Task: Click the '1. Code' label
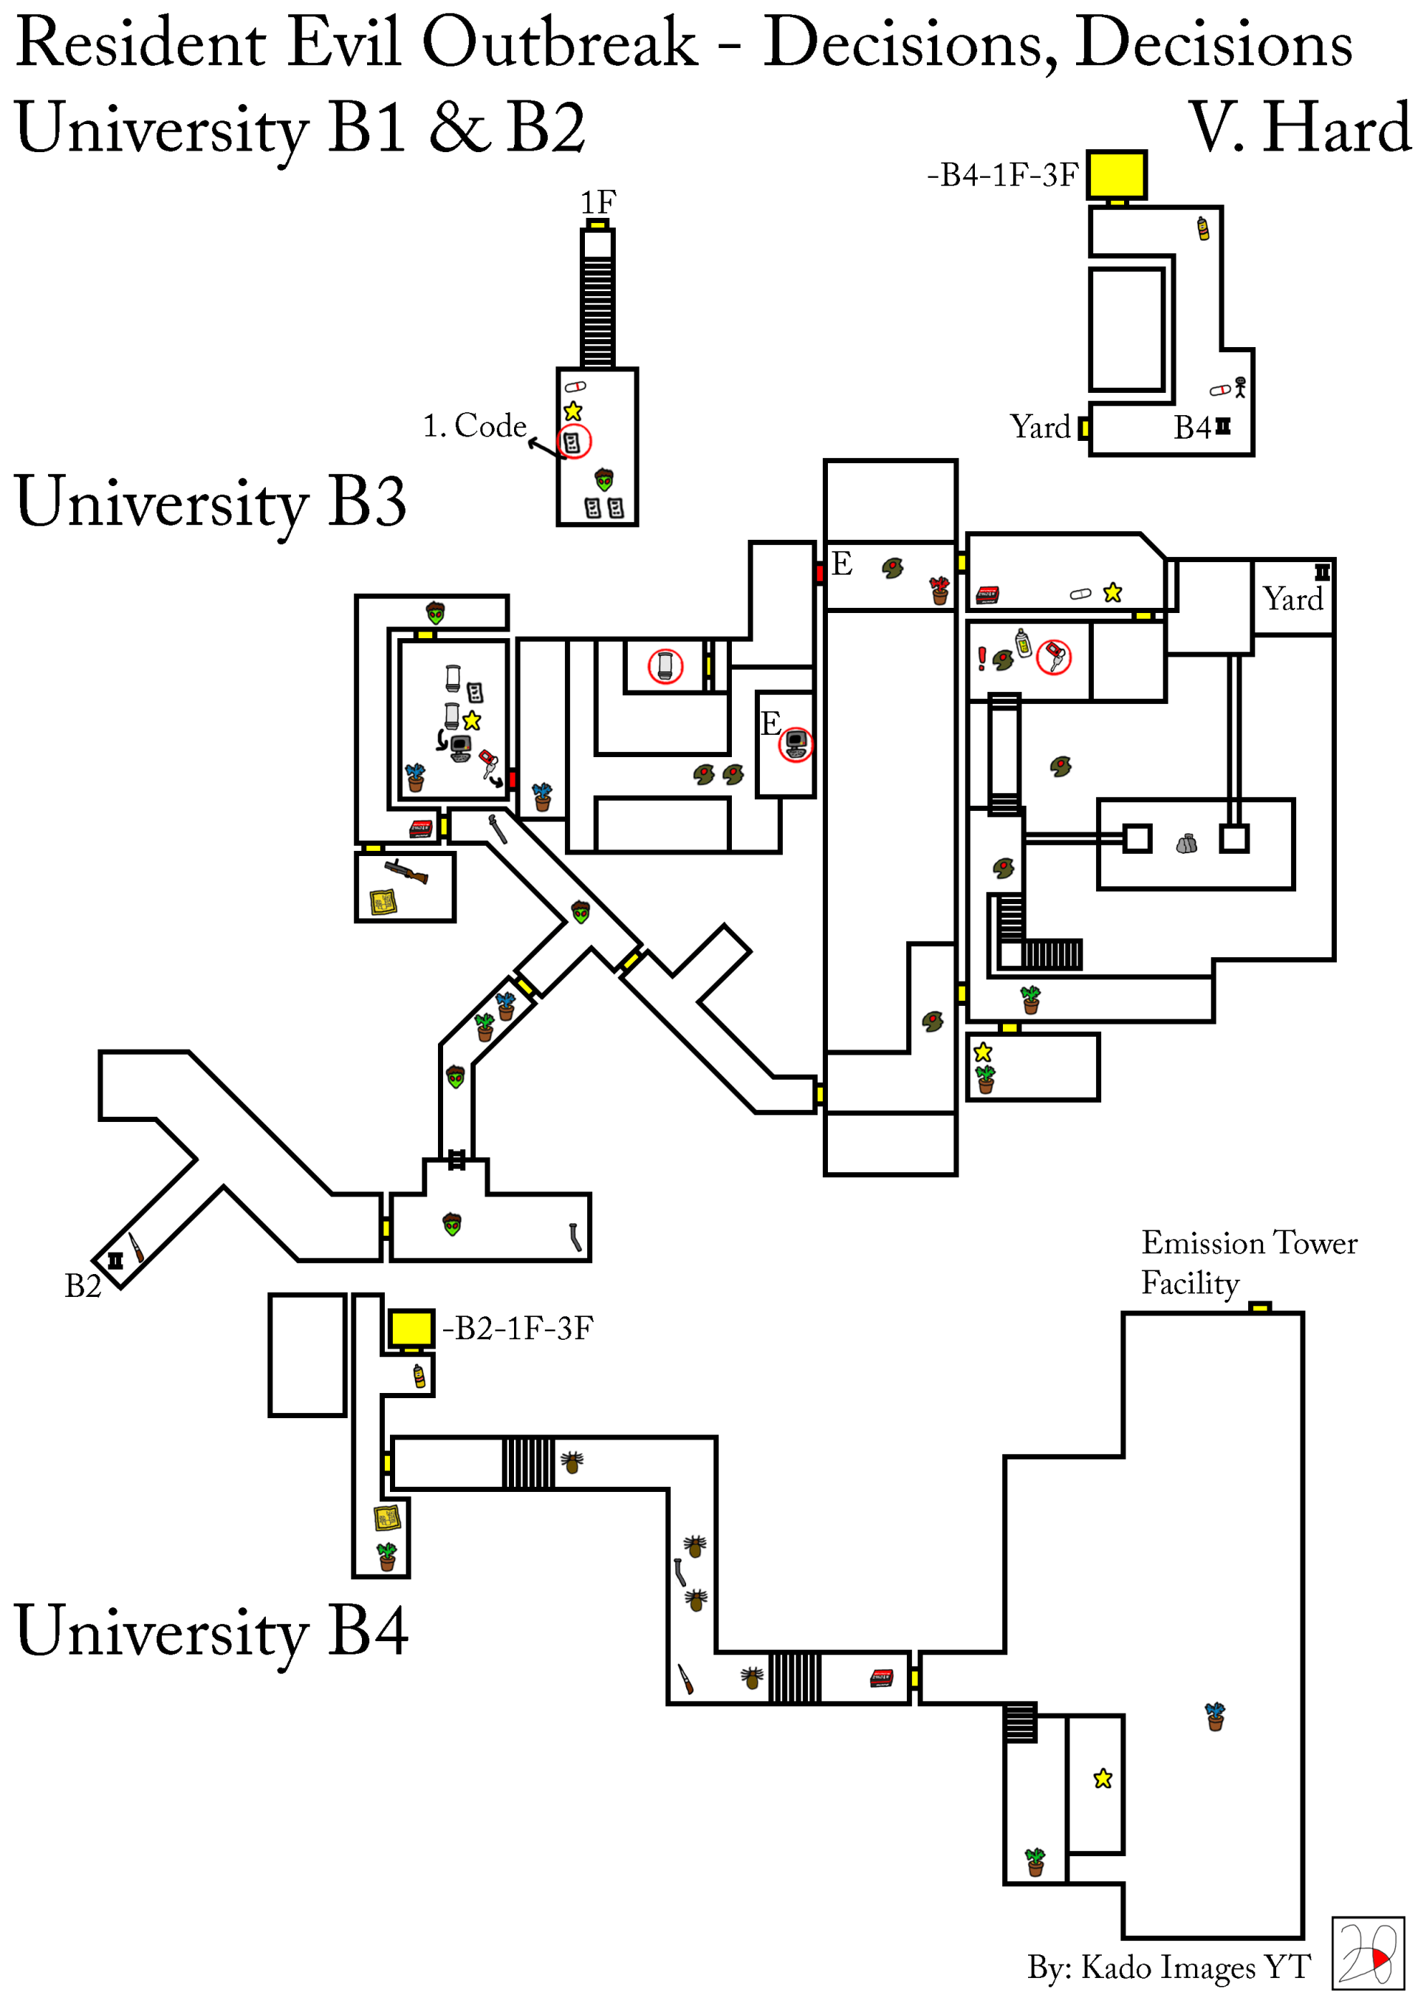(474, 425)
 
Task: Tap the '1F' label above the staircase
(598, 202)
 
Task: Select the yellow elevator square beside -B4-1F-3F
(1117, 175)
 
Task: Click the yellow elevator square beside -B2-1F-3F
(411, 1328)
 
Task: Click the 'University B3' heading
(210, 501)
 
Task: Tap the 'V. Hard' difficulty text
(1301, 128)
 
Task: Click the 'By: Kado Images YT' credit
(1168, 1967)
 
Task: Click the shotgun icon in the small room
(406, 870)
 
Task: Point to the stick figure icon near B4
(1240, 386)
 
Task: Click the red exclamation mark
(982, 658)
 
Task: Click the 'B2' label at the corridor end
(83, 1286)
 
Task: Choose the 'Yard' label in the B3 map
(1293, 599)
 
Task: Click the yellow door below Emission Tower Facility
(1259, 1307)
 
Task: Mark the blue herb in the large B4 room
(1214, 1716)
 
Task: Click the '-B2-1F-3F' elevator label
(517, 1328)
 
